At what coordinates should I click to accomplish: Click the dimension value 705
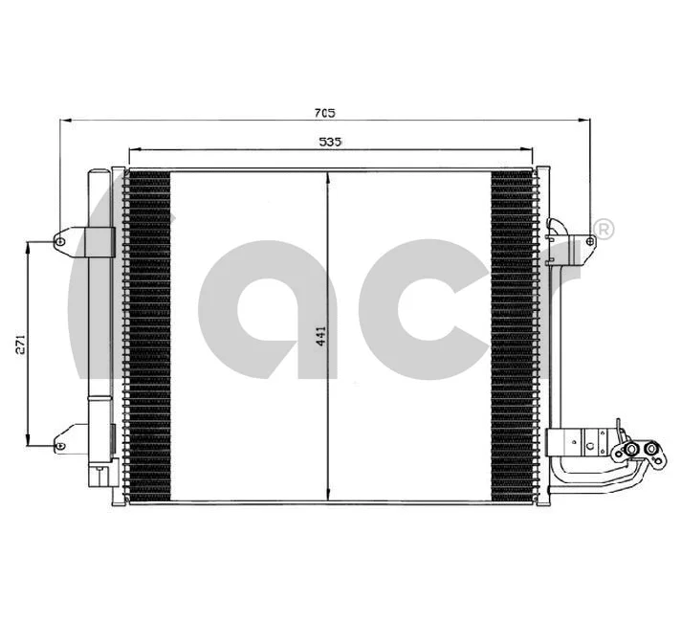point(324,113)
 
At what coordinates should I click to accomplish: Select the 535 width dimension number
point(330,142)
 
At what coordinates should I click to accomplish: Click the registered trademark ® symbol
point(604,229)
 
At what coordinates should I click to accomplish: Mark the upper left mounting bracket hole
point(60,241)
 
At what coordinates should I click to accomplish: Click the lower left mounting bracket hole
point(60,446)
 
